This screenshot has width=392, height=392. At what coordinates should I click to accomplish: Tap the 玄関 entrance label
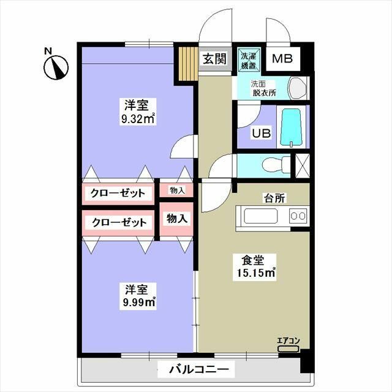tap(214, 59)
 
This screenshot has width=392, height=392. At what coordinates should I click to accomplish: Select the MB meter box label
tap(282, 59)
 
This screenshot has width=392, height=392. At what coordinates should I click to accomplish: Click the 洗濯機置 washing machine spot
tap(249, 59)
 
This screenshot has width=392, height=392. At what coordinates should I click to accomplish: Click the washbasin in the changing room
tap(296, 88)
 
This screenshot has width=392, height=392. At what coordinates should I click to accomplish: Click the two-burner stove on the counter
tap(298, 216)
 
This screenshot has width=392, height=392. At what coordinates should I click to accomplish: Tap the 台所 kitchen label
tap(273, 198)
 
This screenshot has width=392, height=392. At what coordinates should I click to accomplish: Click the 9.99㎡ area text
tap(138, 301)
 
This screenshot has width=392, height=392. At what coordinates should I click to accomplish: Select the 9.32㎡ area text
tap(138, 119)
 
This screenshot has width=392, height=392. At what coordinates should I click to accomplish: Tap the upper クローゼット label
tap(118, 194)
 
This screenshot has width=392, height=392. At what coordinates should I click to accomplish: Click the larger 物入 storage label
tap(177, 219)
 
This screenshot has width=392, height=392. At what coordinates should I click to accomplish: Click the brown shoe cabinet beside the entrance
tap(186, 63)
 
